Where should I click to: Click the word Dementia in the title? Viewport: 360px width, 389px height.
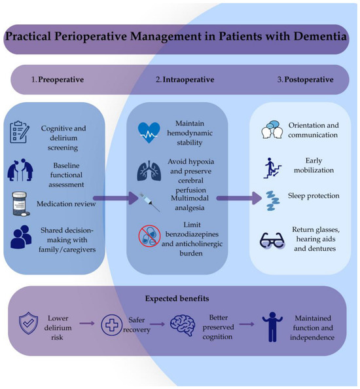[x=320, y=36]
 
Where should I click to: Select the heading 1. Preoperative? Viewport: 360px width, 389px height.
[x=58, y=80]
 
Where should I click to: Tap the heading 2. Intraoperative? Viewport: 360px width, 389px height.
[x=185, y=80]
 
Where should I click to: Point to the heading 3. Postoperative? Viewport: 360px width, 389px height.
[x=305, y=80]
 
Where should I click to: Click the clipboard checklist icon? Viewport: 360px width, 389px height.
[x=20, y=132]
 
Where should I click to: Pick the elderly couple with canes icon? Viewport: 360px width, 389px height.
[x=20, y=170]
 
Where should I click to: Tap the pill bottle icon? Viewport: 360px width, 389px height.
[x=20, y=204]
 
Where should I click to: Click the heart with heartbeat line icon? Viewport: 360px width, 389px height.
[x=149, y=132]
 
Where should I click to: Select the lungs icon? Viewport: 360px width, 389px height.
[x=149, y=171]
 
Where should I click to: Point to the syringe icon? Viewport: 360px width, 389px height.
[x=149, y=202]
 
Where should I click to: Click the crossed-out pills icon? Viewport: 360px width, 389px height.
[x=149, y=236]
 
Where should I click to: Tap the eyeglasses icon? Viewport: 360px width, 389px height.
[x=272, y=240]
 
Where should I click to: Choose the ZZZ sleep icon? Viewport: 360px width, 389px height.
[x=273, y=200]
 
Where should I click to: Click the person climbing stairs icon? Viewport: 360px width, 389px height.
[x=272, y=168]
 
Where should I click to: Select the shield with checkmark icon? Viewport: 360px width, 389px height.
[x=29, y=324]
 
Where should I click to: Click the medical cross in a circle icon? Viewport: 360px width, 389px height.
[x=112, y=325]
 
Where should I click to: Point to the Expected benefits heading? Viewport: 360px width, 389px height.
[x=177, y=298]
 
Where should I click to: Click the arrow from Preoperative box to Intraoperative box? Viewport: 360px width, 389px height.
[x=116, y=198]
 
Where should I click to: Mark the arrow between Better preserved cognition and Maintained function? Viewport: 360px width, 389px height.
[x=247, y=324]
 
